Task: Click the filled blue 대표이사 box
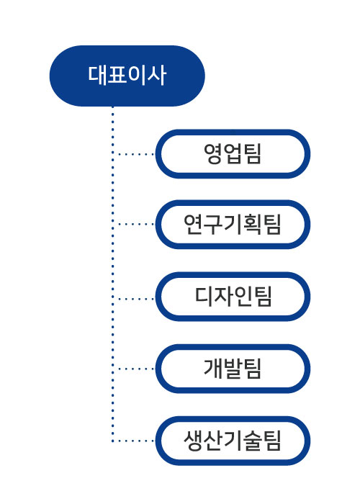[127, 76]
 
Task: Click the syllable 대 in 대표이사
[97, 76]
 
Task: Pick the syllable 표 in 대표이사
[117, 76]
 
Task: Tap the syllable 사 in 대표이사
[157, 76]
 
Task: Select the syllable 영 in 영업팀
[213, 154]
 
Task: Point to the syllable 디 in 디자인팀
[204, 296]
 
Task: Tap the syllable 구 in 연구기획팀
[213, 225]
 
